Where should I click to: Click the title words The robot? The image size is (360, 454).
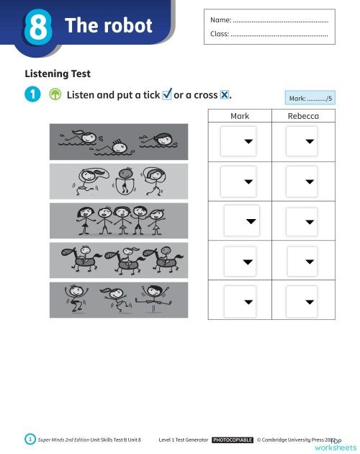[109, 26]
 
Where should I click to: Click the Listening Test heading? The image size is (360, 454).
[58, 73]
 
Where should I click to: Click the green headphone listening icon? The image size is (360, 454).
[55, 95]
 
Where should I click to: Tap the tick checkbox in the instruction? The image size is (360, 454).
[167, 95]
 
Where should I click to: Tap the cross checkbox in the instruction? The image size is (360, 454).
[225, 95]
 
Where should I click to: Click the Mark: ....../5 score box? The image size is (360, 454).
[310, 98]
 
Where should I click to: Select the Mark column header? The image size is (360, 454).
[240, 116]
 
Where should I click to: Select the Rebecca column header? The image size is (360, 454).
[303, 116]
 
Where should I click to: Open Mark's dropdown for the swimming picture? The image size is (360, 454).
[238, 141]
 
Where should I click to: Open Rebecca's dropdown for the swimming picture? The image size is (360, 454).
[302, 141]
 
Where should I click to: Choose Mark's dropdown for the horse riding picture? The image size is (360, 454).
[240, 260]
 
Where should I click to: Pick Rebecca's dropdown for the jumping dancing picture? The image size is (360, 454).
[302, 299]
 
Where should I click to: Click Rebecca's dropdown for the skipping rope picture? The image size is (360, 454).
[302, 181]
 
